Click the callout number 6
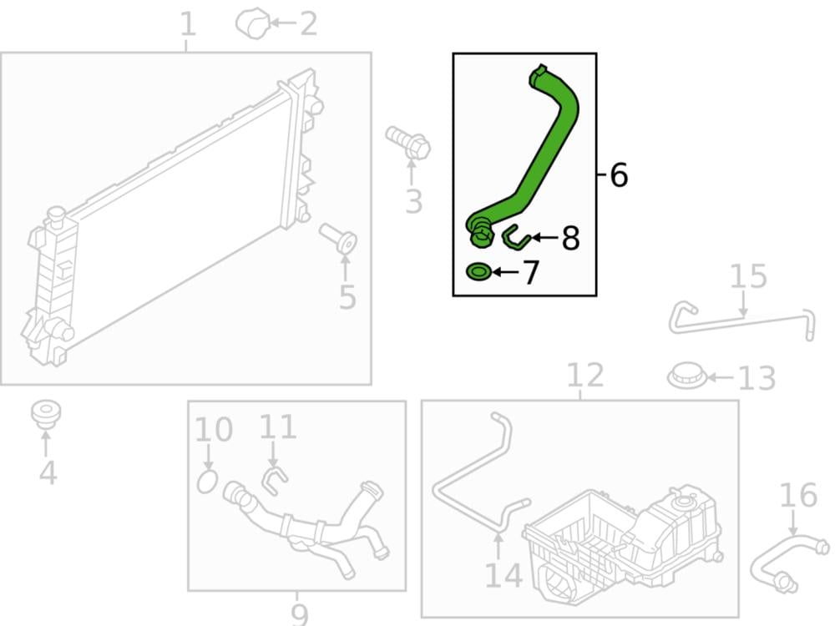619,174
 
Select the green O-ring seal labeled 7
478,272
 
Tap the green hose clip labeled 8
515,238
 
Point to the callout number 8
570,238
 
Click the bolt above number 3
408,142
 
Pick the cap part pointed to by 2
253,23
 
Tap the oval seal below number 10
207,482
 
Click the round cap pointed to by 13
687,376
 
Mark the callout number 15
747,276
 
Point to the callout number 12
585,375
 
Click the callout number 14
504,575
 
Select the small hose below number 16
789,564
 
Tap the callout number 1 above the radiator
187,24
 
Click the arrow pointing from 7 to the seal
506,272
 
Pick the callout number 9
300,615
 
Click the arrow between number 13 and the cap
721,377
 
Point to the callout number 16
798,495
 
